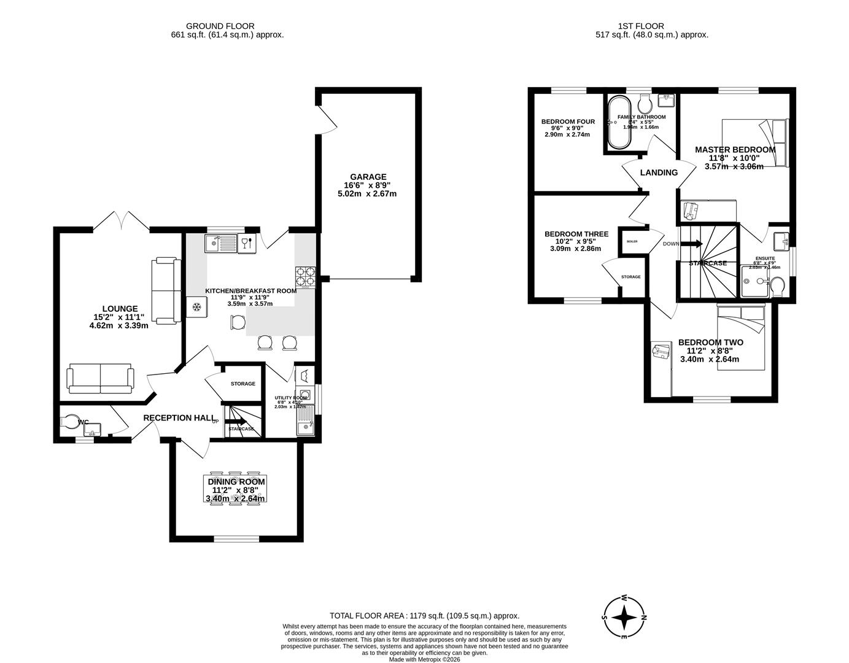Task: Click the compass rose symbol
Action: pyautogui.click(x=624, y=617)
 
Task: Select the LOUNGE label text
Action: pyautogui.click(x=120, y=309)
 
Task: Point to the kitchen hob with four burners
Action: pyautogui.click(x=305, y=277)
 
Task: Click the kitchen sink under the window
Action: pyautogui.click(x=222, y=243)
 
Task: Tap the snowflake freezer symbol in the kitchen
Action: pyautogui.click(x=197, y=306)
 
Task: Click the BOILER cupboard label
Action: pyautogui.click(x=632, y=241)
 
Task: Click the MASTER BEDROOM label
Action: pyautogui.click(x=735, y=149)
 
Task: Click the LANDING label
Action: pyautogui.click(x=659, y=173)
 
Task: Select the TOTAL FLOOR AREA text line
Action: pyautogui.click(x=424, y=616)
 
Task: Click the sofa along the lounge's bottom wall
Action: pyautogui.click(x=100, y=378)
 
